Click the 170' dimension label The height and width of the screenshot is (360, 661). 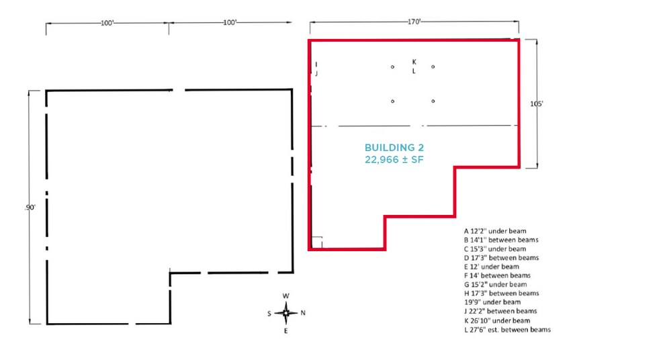(414, 22)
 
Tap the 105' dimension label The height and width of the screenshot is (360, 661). (537, 103)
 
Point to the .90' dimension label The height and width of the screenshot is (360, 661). (30, 208)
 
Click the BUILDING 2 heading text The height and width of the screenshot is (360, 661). (394, 148)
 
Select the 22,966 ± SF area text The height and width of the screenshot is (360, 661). (394, 159)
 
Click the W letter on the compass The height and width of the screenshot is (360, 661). (285, 296)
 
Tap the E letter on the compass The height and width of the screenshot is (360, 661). (285, 330)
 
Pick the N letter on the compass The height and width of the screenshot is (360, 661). (304, 313)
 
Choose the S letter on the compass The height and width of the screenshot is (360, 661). (269, 313)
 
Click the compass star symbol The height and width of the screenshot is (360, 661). (285, 313)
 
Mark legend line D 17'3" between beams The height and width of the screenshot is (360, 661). (500, 257)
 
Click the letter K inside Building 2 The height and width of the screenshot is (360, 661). (414, 62)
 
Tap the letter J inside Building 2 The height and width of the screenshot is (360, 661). (316, 74)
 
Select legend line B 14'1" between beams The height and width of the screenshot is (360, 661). (500, 240)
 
